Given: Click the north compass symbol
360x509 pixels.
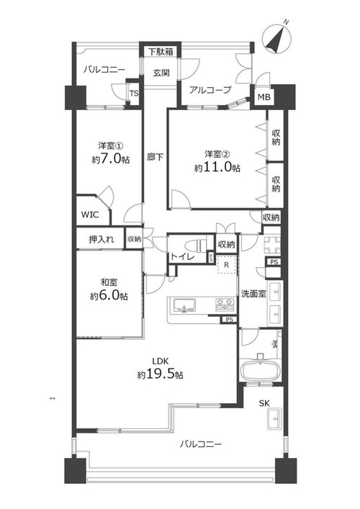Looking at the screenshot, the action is [x=276, y=39].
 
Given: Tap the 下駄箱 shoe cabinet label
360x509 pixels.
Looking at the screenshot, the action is [x=161, y=52].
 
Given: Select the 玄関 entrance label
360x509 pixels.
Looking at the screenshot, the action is [x=161, y=73].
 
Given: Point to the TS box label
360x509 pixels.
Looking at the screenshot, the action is [x=134, y=94].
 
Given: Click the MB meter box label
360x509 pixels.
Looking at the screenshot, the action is [x=264, y=96].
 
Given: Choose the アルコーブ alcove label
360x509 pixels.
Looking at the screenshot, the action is [x=210, y=89].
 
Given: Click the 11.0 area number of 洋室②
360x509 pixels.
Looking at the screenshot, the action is [x=222, y=167].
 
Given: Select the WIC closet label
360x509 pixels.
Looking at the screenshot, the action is [x=90, y=215].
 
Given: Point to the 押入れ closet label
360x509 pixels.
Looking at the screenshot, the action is [x=102, y=240].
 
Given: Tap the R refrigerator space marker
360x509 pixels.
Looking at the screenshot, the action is [x=227, y=265].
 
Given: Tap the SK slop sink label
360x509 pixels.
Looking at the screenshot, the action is [x=264, y=403].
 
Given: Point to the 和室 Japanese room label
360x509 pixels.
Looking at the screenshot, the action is [x=109, y=281].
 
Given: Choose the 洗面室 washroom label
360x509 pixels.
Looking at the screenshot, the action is [x=253, y=294].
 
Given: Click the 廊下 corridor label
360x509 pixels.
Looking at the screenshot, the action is [x=155, y=157].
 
